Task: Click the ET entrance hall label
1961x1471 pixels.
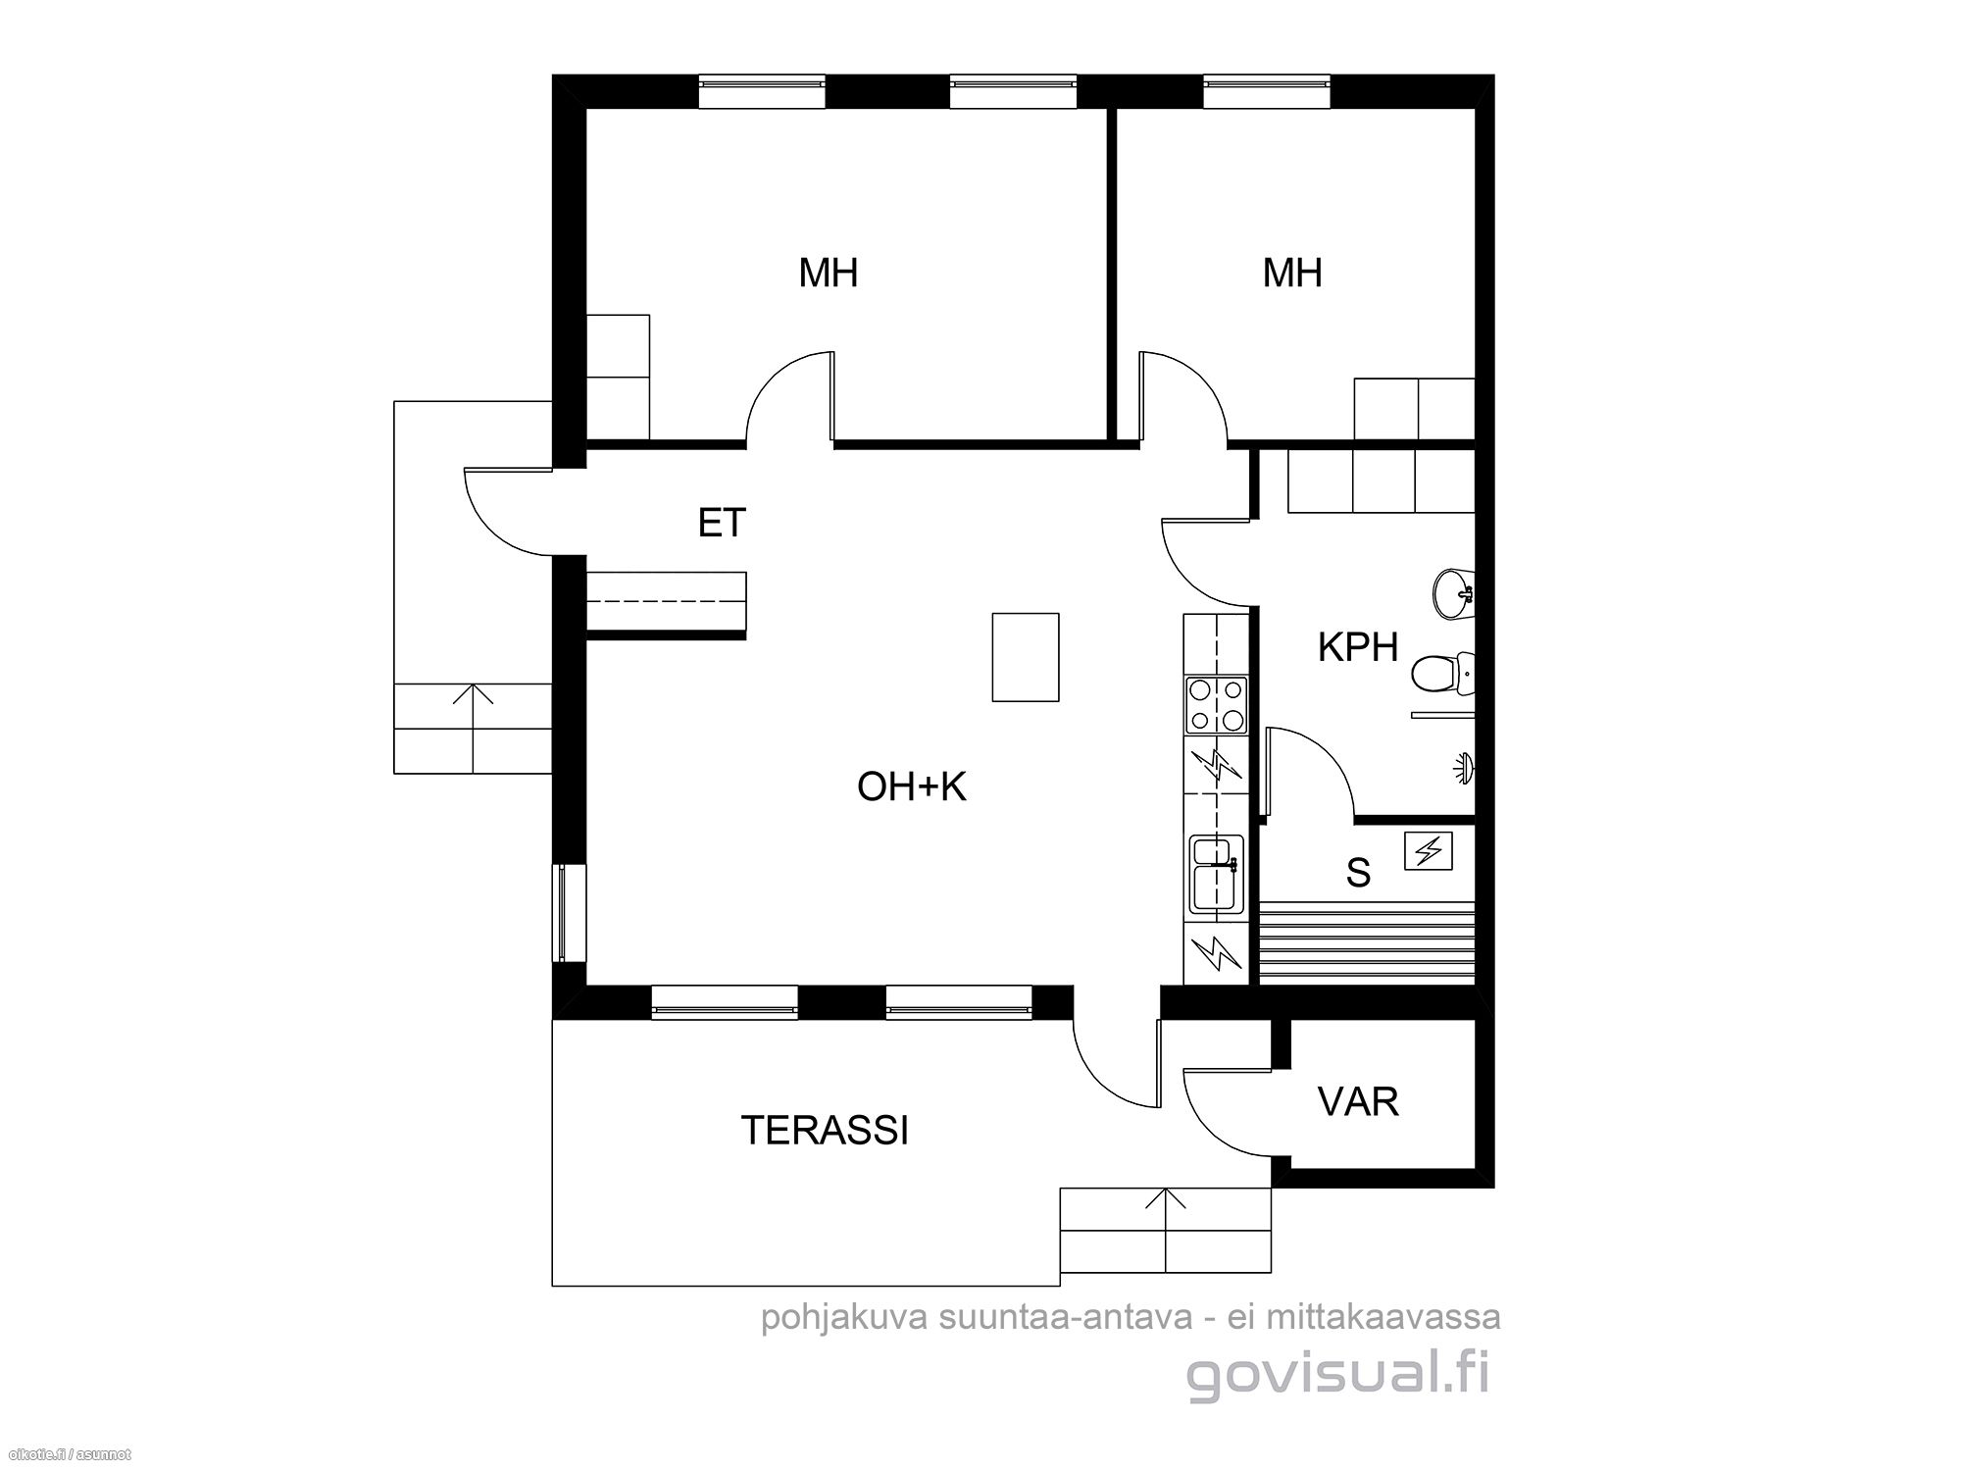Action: tap(722, 523)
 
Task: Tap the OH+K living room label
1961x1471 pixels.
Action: tap(912, 786)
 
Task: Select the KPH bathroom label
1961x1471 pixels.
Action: tap(1358, 647)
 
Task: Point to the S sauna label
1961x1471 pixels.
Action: tap(1358, 872)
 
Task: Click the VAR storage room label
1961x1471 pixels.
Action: tap(1358, 1101)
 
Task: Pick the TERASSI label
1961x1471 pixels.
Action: tap(825, 1130)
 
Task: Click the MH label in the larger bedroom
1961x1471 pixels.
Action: tap(829, 273)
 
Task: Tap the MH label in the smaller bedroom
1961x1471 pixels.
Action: tap(1292, 273)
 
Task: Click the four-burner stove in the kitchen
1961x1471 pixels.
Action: tap(1216, 705)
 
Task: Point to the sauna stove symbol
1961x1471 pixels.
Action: tap(1427, 850)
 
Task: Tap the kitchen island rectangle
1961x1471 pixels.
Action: tap(1026, 657)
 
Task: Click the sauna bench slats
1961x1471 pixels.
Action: tap(1367, 942)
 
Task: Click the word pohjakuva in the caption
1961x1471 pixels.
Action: tap(845, 1317)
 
